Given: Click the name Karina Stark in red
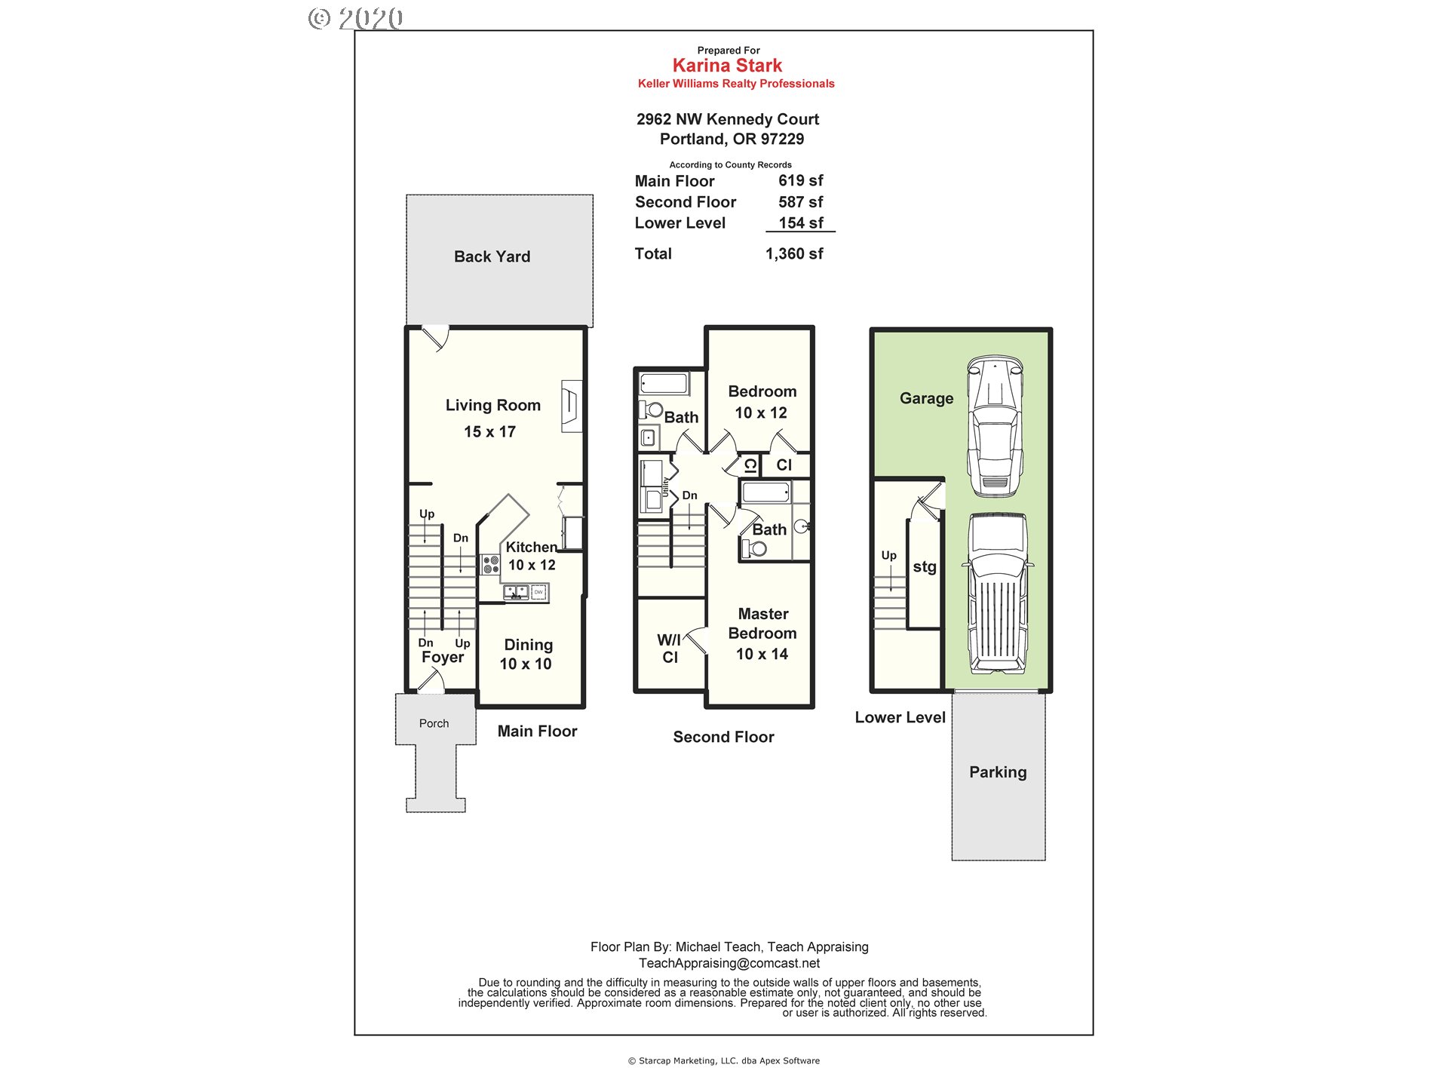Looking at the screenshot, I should click(x=727, y=66).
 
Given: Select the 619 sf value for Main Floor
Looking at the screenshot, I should click(x=800, y=181).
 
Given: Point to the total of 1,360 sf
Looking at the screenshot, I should click(x=793, y=254).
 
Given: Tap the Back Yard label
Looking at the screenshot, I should click(x=492, y=257).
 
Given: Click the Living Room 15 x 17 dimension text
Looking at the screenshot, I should click(x=489, y=432).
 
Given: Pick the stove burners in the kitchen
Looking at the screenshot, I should click(x=490, y=565).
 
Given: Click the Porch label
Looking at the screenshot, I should click(x=434, y=723).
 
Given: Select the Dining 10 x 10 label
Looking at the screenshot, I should click(x=526, y=655).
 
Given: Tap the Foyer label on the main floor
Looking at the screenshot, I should click(x=443, y=658).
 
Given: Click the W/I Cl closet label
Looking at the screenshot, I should click(x=669, y=649).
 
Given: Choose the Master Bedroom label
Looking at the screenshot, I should click(x=762, y=624).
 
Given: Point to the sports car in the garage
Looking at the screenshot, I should click(x=995, y=427).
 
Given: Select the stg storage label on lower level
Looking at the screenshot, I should click(x=925, y=567).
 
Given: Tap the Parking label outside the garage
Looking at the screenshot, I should click(x=998, y=772).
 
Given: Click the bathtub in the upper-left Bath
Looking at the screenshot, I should click(x=664, y=383).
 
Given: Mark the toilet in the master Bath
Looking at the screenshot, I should click(x=755, y=549).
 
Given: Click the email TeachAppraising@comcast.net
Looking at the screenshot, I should click(x=729, y=963).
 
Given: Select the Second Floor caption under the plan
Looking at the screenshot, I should click(x=723, y=738).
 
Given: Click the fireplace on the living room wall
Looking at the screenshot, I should click(x=572, y=406).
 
